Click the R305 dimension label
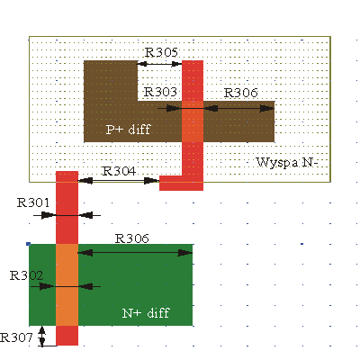point(161,52)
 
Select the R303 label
point(160,92)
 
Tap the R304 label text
point(119,171)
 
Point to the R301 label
point(33,202)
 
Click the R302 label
point(26,275)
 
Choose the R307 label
point(16,337)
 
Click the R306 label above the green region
point(132,238)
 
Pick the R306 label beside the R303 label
point(241,93)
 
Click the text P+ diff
point(128,130)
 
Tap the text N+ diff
point(146,313)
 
